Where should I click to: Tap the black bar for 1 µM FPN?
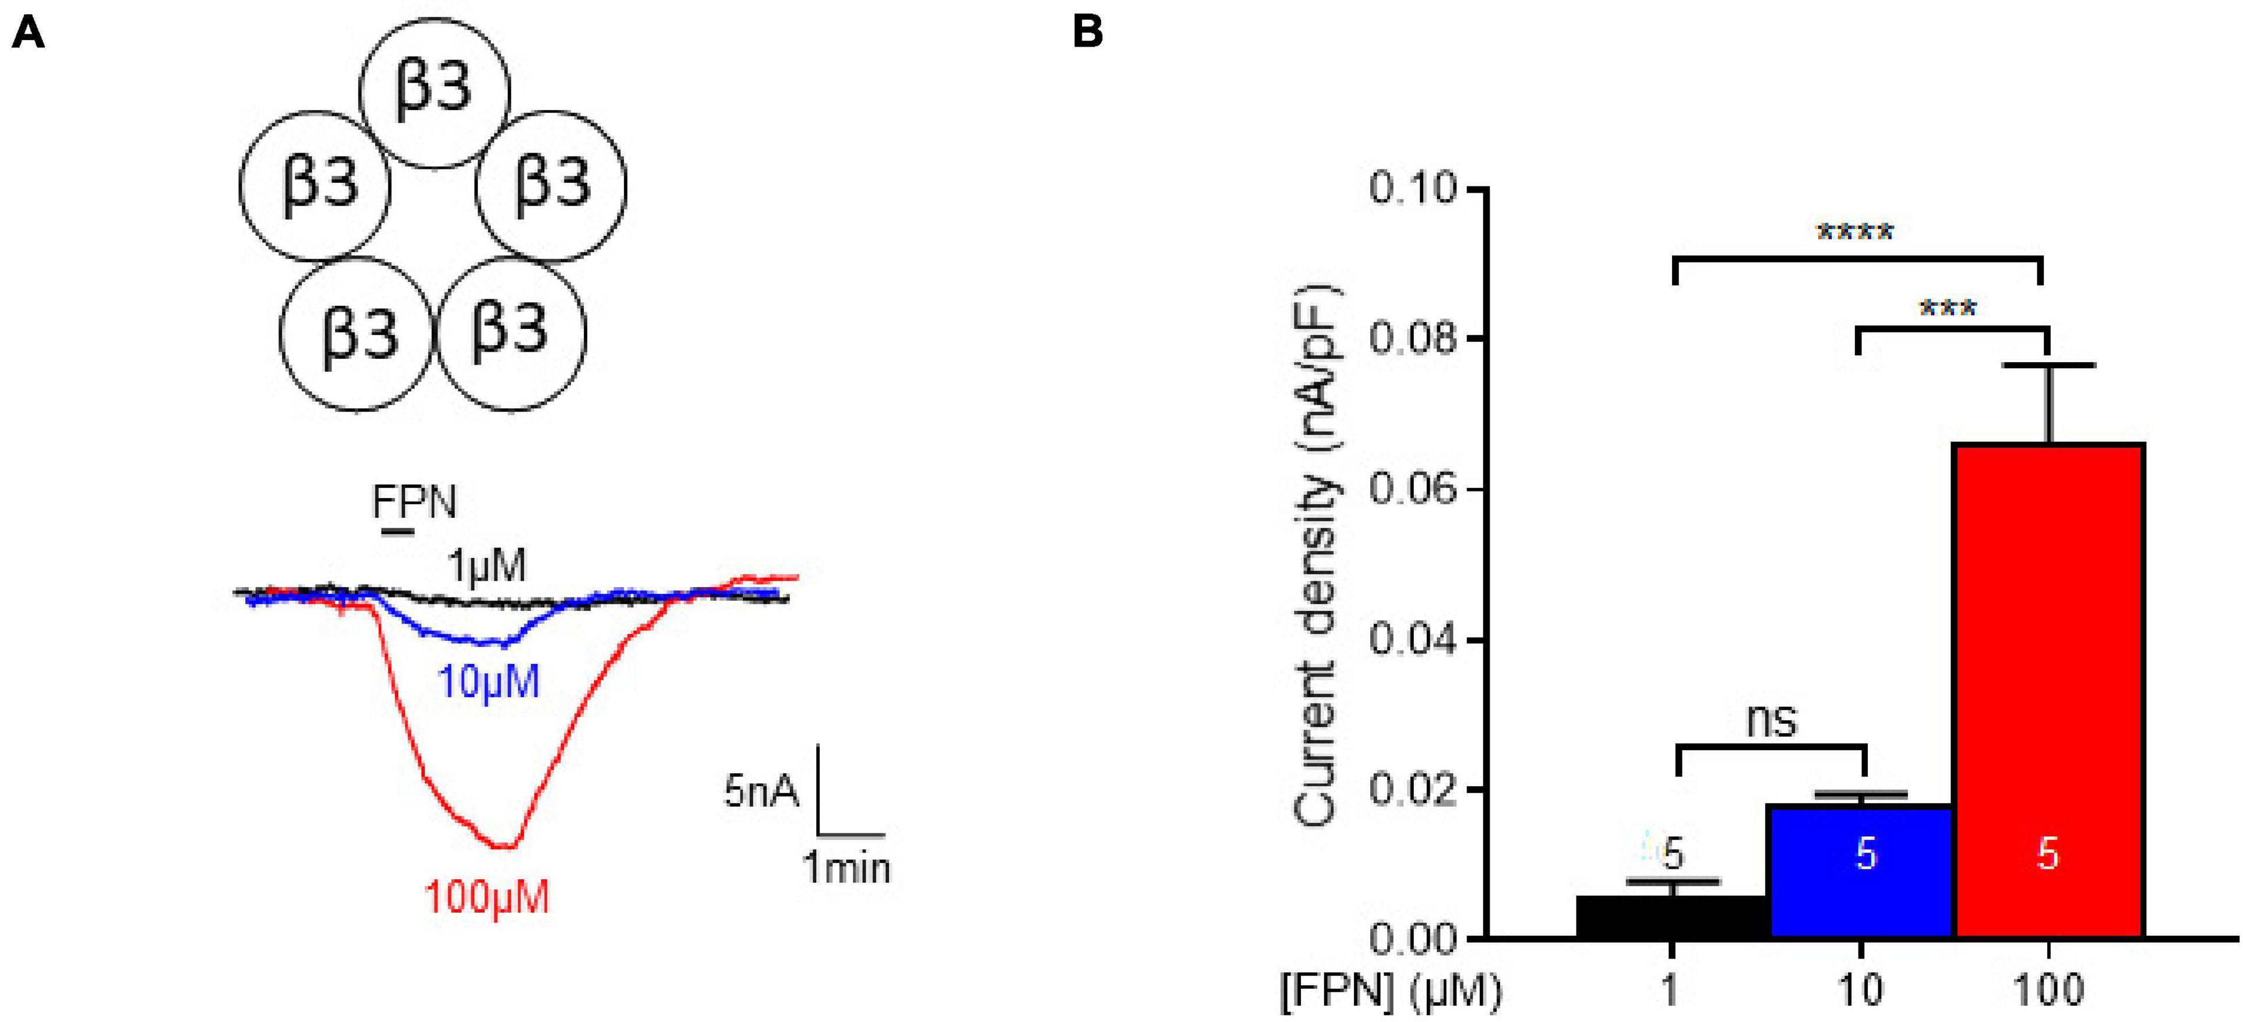pyautogui.click(x=1673, y=917)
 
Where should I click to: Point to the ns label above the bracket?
pyautogui.click(x=1772, y=721)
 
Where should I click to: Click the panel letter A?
pyautogui.click(x=28, y=35)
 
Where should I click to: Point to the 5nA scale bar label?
pyautogui.click(x=760, y=792)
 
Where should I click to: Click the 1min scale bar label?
pyautogui.click(x=847, y=868)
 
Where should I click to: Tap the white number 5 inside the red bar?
pyautogui.click(x=2048, y=855)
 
